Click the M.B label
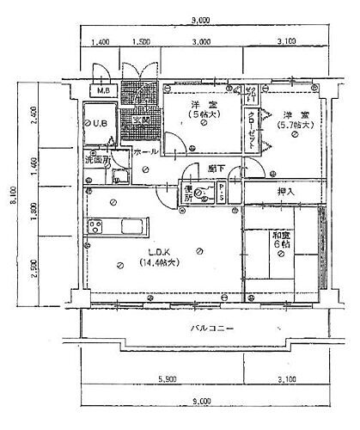[x=102, y=91]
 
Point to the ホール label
[x=146, y=152]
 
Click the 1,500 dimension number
[x=143, y=41]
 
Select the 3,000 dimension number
[x=201, y=41]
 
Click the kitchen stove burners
[x=95, y=228]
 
